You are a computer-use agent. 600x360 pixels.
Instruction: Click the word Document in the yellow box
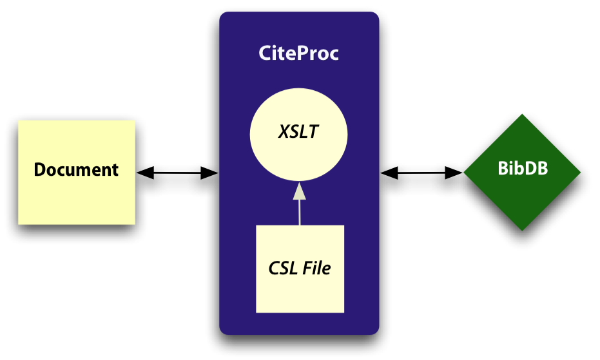(76, 170)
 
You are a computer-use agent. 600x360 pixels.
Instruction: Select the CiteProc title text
(298, 53)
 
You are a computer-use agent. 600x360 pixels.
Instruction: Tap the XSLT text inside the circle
(298, 132)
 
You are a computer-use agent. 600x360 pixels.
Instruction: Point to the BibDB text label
(523, 169)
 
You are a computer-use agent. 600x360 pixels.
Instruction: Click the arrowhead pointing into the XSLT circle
(299, 191)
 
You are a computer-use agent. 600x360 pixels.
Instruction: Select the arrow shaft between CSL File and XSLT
(299, 213)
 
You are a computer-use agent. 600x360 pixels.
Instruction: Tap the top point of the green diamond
(522, 115)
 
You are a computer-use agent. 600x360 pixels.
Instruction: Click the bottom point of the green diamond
(522, 229)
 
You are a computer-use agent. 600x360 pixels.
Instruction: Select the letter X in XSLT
(284, 132)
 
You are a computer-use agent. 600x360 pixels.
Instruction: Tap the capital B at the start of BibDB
(503, 169)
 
